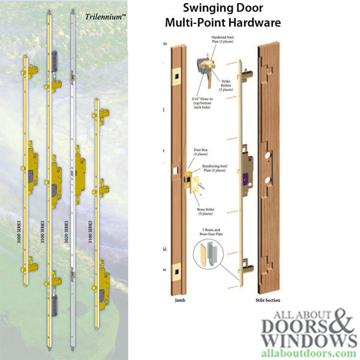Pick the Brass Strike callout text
(205, 211)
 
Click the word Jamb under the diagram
(179, 300)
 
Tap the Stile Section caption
(267, 300)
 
